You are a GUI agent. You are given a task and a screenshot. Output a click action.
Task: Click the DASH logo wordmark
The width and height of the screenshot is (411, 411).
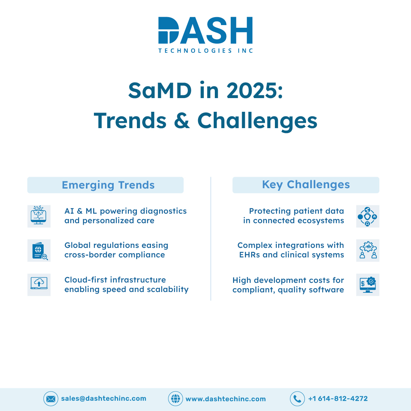(205, 30)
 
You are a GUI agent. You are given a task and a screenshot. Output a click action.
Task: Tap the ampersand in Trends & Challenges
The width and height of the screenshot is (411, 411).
(182, 121)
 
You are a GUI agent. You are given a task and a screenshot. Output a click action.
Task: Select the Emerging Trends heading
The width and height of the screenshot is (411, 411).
(108, 185)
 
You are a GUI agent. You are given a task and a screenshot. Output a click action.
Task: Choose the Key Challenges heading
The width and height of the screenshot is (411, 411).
(306, 185)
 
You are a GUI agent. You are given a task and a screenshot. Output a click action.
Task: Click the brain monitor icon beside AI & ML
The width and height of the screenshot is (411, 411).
(39, 216)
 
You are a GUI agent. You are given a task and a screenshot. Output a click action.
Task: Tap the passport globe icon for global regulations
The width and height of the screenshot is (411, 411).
(39, 251)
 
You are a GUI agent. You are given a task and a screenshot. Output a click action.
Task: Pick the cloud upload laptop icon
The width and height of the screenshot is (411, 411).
(39, 285)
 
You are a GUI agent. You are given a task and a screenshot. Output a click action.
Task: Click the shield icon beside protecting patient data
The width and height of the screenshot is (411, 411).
(368, 216)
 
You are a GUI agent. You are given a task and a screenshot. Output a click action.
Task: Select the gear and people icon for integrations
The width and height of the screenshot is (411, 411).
(368, 251)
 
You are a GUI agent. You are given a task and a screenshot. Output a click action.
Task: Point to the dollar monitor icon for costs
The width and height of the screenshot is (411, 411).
(368, 285)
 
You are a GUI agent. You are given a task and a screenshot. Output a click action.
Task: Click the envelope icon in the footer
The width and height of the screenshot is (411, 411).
(51, 399)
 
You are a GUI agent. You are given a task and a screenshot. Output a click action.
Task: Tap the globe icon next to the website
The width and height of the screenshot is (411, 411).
(175, 399)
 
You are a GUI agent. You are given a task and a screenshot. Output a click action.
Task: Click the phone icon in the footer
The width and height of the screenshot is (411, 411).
(297, 399)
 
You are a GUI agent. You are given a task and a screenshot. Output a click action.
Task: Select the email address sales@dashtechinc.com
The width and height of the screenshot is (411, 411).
(103, 398)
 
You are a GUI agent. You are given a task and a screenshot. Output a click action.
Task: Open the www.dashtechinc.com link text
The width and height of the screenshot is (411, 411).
(226, 399)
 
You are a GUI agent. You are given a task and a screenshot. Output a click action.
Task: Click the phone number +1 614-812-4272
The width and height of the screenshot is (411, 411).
(338, 399)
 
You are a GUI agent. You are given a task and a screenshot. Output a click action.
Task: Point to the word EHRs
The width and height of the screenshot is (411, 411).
(249, 255)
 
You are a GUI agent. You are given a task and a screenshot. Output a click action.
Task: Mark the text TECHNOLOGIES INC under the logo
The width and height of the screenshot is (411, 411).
(205, 51)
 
